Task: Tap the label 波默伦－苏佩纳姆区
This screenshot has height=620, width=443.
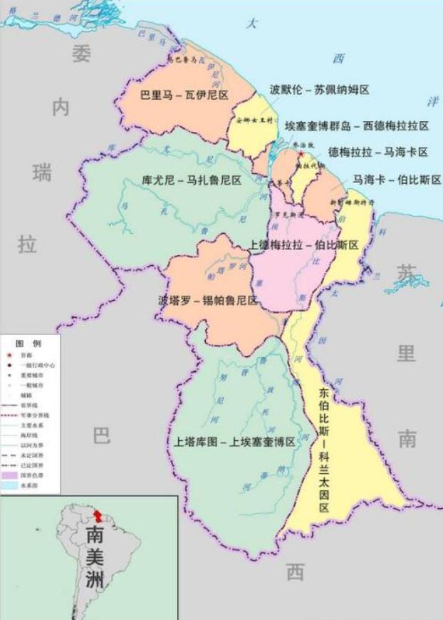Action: (319, 90)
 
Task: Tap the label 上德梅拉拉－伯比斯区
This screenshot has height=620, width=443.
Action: (303, 244)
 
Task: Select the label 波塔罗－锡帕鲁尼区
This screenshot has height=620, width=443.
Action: (204, 301)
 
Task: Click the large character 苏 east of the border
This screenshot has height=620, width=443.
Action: (407, 272)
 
